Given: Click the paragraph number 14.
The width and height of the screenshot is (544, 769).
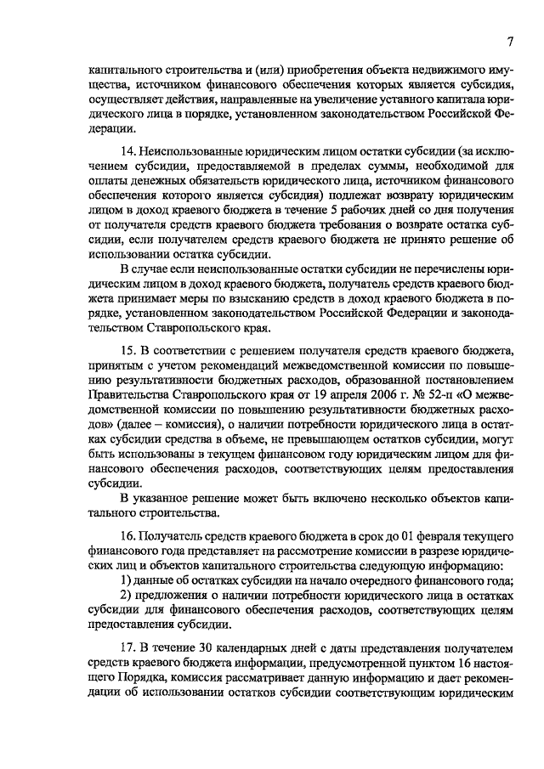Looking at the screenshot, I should [128, 151].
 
